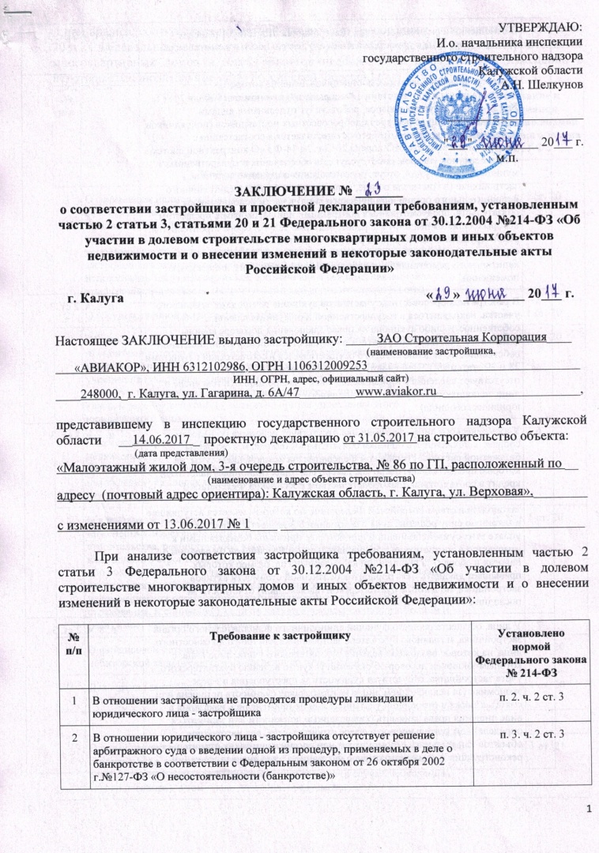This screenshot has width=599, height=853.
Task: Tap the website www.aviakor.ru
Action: [397, 392]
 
